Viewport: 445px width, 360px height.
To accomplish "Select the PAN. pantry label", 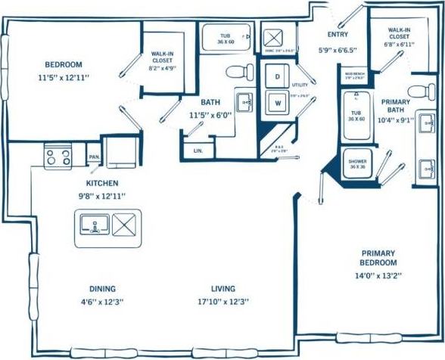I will (x=95, y=157).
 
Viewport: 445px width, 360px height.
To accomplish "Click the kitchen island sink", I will (x=94, y=225).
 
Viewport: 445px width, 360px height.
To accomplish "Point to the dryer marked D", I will (x=277, y=76).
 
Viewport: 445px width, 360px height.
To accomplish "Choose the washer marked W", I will (x=277, y=103).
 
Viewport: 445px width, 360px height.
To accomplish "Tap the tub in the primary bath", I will (x=355, y=115).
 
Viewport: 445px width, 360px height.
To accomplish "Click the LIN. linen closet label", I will (x=198, y=151).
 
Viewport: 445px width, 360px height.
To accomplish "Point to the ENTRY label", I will (x=338, y=34).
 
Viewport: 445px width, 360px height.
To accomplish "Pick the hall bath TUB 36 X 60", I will (x=226, y=37).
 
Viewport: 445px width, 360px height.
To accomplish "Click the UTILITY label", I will (x=300, y=85).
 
